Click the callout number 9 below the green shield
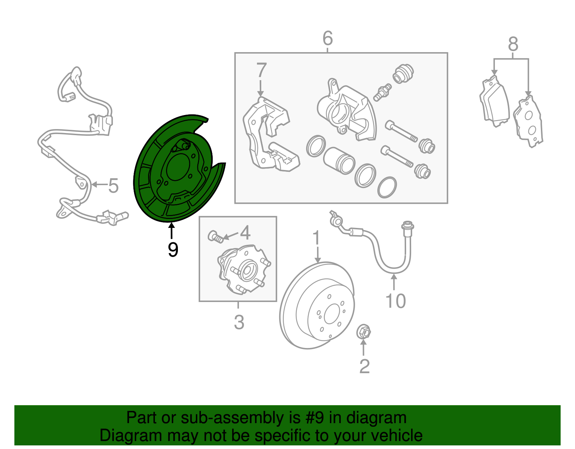[173, 249]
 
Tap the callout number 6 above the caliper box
[327, 38]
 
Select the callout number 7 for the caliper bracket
[261, 70]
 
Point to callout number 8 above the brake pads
[513, 45]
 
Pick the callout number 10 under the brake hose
[395, 301]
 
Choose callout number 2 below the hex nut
[364, 366]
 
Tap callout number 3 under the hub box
[239, 322]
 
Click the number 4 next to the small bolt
[245, 233]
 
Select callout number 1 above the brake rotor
[316, 238]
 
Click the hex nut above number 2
[364, 332]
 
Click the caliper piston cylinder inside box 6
[339, 161]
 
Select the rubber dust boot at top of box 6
[403, 74]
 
